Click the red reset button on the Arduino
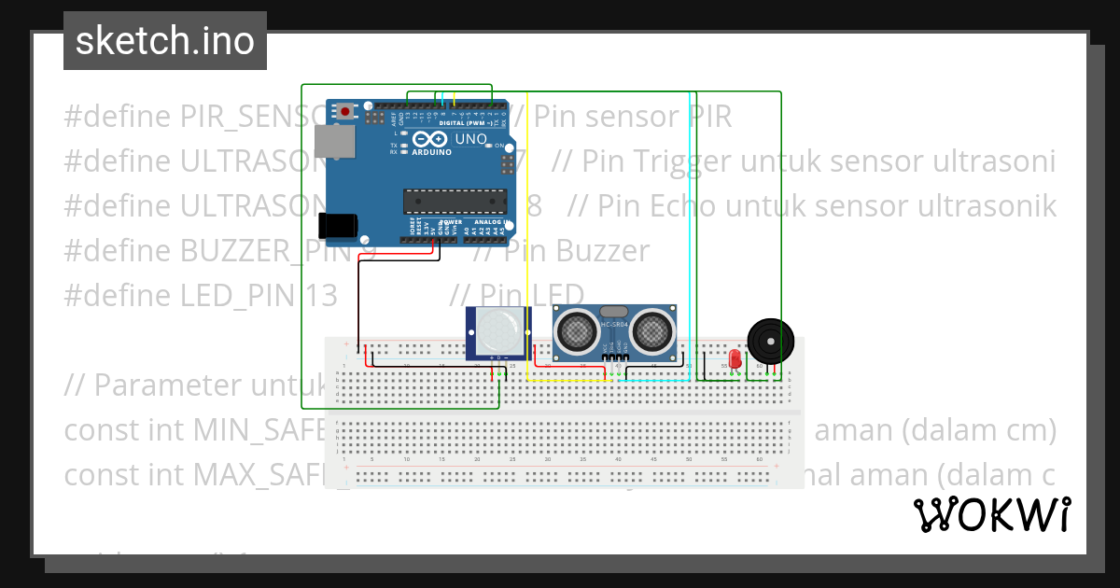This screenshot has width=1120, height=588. (x=346, y=112)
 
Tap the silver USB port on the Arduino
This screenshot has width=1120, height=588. (x=335, y=142)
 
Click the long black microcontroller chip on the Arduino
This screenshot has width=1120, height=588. (x=455, y=200)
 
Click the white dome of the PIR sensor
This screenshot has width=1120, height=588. (x=497, y=332)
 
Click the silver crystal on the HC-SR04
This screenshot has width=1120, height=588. (x=613, y=311)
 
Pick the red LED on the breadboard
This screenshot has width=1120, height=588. (x=735, y=358)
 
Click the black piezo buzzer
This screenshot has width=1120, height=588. (x=771, y=342)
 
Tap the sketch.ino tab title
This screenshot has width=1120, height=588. (x=165, y=41)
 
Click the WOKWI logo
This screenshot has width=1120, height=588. (x=991, y=514)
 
